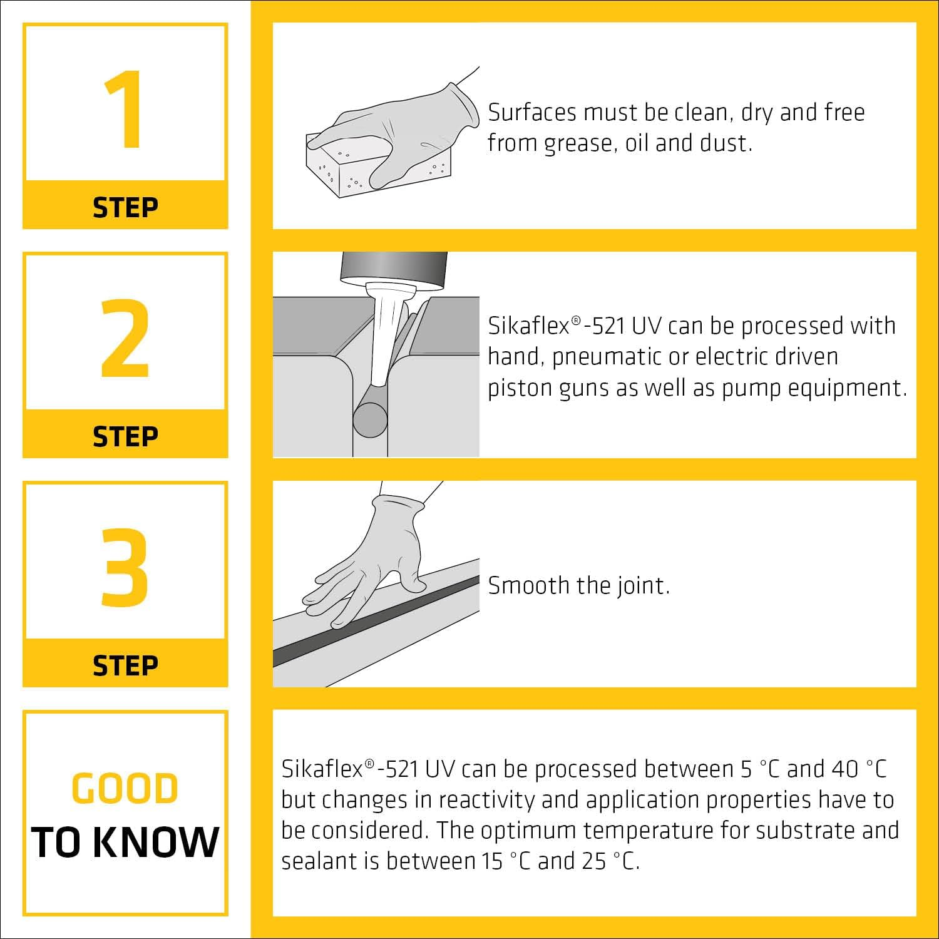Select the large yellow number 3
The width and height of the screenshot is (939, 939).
coord(125,567)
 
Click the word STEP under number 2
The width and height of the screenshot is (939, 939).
coord(125,436)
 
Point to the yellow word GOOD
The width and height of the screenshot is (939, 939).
coord(125,788)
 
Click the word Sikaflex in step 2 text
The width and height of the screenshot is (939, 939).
coord(529,326)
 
